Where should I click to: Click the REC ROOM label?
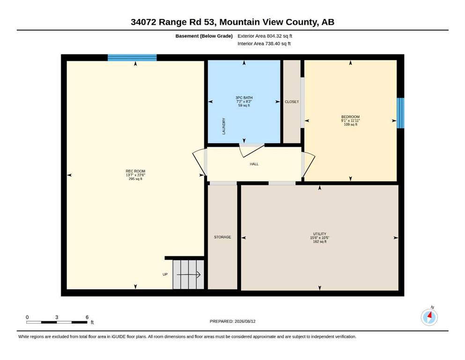click(135, 171)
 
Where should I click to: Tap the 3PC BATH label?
click(244, 97)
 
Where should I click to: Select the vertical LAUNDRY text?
click(224, 126)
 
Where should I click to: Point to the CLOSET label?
click(292, 102)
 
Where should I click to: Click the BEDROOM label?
click(350, 117)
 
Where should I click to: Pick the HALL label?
click(254, 164)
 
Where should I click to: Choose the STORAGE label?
click(222, 237)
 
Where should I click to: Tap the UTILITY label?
click(320, 234)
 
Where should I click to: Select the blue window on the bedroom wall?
click(400, 113)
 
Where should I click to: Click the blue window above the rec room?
click(132, 58)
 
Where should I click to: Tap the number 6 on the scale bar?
click(87, 317)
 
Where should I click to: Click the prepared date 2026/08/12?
click(245, 321)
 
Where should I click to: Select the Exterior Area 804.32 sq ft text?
click(265, 36)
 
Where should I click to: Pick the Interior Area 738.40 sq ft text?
click(264, 44)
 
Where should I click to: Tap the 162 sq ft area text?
click(320, 241)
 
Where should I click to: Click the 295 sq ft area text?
click(135, 179)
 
